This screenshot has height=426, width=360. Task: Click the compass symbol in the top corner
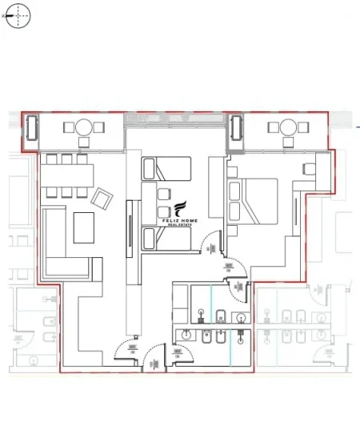(18, 15)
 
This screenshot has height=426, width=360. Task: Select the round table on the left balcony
(84, 127)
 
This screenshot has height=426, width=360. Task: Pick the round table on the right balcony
(286, 127)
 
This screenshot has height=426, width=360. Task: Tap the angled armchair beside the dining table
(103, 197)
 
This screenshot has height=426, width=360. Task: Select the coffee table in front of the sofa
(87, 227)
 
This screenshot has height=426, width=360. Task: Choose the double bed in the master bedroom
(254, 201)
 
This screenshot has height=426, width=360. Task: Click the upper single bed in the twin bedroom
(167, 169)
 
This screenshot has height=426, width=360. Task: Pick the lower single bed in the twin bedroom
(167, 239)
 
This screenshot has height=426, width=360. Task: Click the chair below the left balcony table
(84, 143)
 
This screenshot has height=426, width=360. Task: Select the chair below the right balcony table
(286, 143)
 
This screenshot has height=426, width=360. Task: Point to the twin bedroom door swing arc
(210, 240)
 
